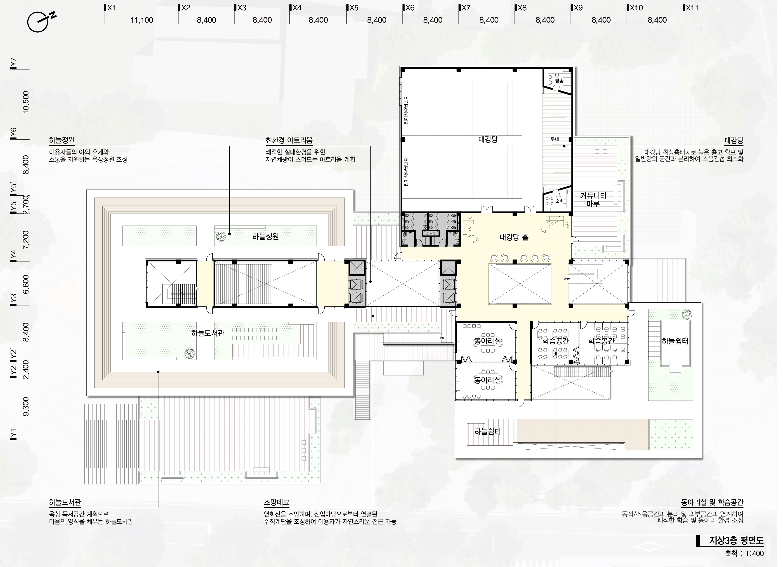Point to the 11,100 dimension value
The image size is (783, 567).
142,20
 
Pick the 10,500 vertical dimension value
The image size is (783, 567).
26,102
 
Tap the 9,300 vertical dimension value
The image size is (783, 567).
26,407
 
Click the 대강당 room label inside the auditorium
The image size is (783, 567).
488,140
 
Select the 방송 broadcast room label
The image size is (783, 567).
559,81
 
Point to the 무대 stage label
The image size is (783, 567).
554,139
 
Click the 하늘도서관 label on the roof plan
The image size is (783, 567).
208,333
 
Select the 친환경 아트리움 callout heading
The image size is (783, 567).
289,140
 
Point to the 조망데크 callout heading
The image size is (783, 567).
276,502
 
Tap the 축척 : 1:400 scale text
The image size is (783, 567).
744,553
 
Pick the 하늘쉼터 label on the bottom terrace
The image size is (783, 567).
488,432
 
